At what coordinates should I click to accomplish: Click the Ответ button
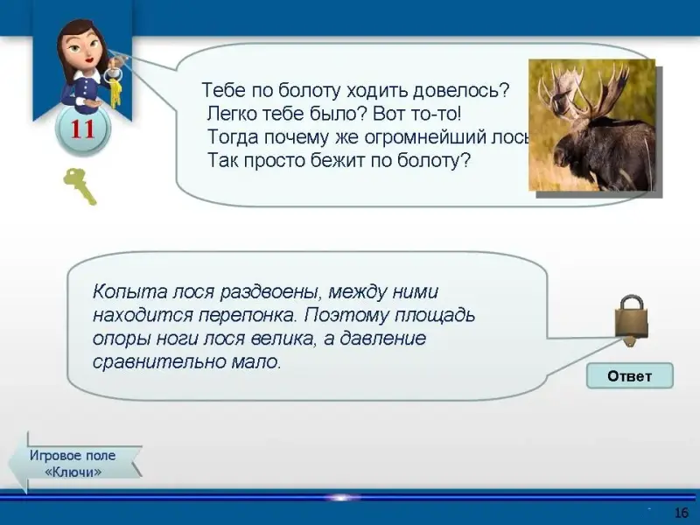(629, 376)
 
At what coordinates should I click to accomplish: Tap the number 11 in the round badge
(82, 129)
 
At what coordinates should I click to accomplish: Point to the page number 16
(682, 513)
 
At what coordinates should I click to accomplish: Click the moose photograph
(592, 125)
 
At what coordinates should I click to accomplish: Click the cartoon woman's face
(83, 45)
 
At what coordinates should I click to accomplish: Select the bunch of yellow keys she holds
(115, 89)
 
